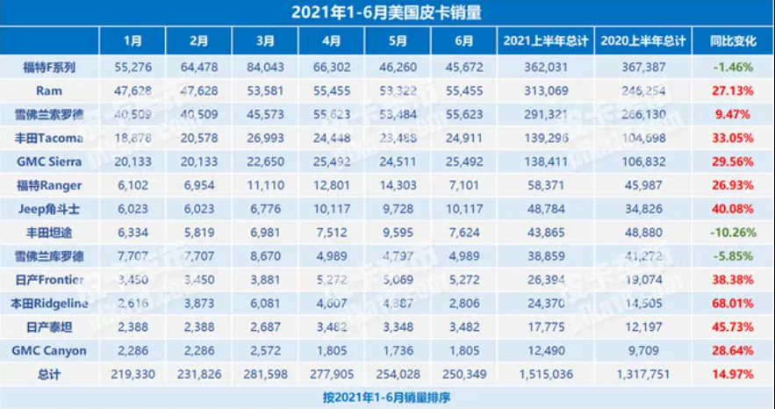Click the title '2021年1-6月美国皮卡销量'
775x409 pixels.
(x=386, y=12)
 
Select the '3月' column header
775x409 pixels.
(x=266, y=41)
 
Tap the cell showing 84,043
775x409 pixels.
(x=266, y=66)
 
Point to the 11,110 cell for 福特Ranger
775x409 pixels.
(x=266, y=185)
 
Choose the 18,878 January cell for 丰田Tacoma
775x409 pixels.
(x=133, y=138)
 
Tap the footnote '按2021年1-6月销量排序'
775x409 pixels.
(x=386, y=397)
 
